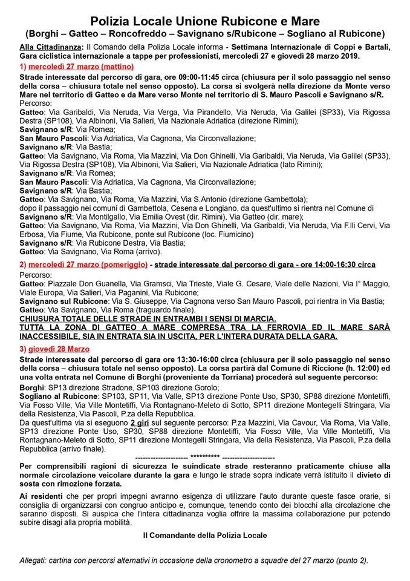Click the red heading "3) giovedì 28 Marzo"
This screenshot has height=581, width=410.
pyautogui.click(x=54, y=349)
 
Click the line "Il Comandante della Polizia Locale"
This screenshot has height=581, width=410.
pyautogui.click(x=205, y=535)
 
